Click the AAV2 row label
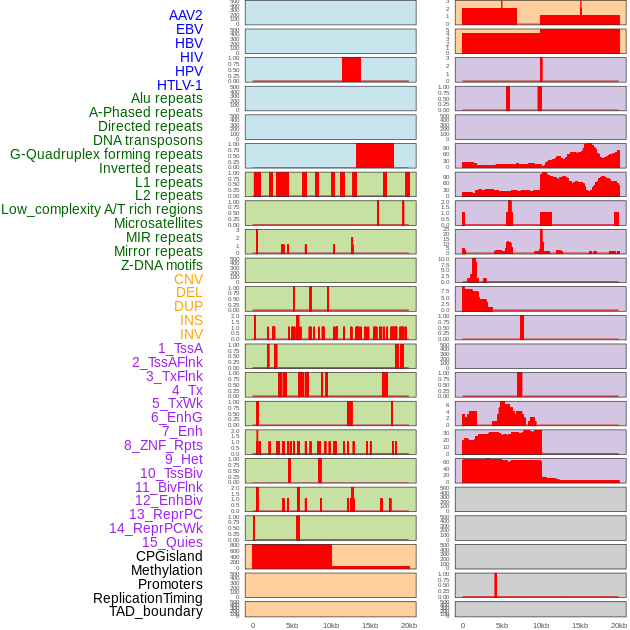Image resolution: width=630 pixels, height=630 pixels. coord(185,15)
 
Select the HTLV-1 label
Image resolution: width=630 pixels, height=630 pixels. coord(179,85)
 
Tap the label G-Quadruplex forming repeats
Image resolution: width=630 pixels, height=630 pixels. coord(106,155)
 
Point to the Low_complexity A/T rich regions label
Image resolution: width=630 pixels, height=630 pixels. coord(101,209)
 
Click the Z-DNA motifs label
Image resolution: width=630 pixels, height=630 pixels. coord(161,265)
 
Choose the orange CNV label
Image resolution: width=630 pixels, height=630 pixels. coord(188,279)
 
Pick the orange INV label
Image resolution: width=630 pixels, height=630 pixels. coord(191,334)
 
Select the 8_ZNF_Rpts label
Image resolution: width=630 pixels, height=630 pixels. coord(163,445)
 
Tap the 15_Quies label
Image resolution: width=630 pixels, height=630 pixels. coord(171,542)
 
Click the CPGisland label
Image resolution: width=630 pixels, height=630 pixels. coord(169,556)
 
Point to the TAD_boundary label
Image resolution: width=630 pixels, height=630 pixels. coord(155,611)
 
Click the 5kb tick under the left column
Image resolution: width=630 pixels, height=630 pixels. coord(292,625)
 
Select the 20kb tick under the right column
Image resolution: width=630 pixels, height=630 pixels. coord(619,625)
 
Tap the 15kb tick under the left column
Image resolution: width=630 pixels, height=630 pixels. coord(370,625)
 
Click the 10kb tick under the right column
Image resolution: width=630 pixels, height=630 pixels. coord(541,625)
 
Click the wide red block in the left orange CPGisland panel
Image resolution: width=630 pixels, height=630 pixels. coord(291,556)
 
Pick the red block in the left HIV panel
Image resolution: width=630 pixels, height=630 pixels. coord(351,69)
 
